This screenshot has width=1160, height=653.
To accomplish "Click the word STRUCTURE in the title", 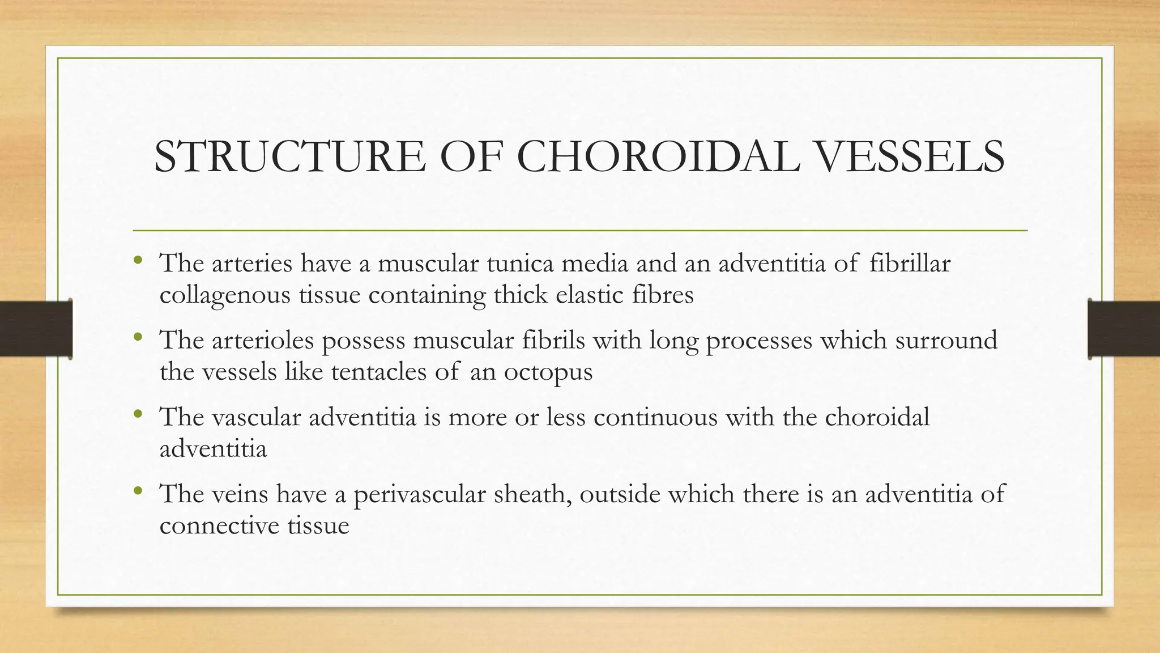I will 289,156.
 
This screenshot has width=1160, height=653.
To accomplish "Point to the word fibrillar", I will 910,263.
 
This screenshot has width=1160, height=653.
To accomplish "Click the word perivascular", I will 420,494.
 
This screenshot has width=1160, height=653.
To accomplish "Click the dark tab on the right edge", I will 1124,329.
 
